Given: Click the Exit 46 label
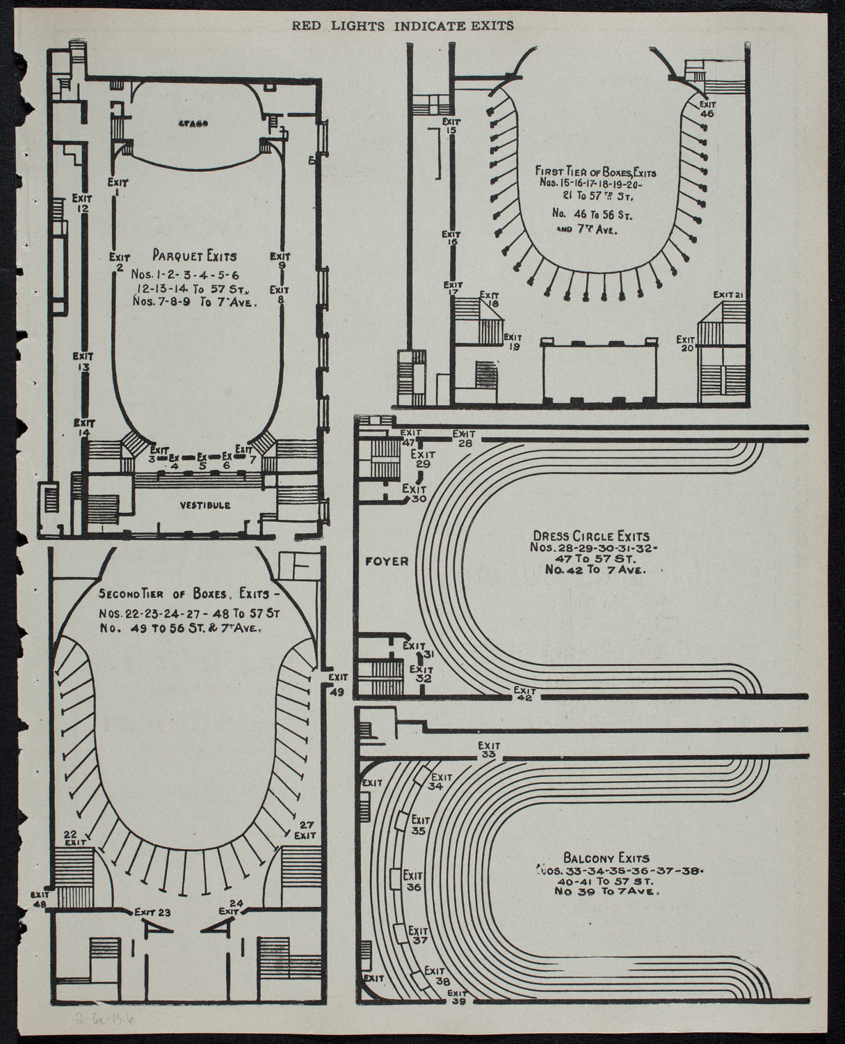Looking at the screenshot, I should click(x=707, y=109).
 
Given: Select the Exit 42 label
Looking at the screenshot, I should click(x=524, y=694).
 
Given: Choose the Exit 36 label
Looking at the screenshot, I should click(x=414, y=881).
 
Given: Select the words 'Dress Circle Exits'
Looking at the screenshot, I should click(x=591, y=537).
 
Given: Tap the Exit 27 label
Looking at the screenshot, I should click(x=306, y=829).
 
